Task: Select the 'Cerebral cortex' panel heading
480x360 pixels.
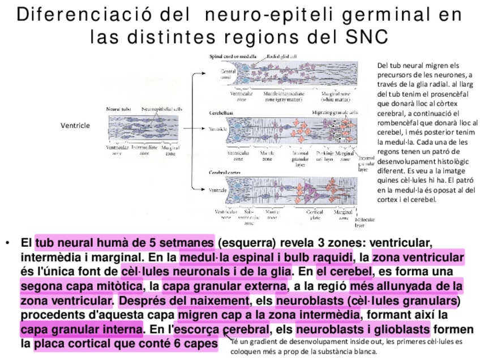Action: click(226, 172)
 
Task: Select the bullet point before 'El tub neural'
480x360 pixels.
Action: click(7, 243)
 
